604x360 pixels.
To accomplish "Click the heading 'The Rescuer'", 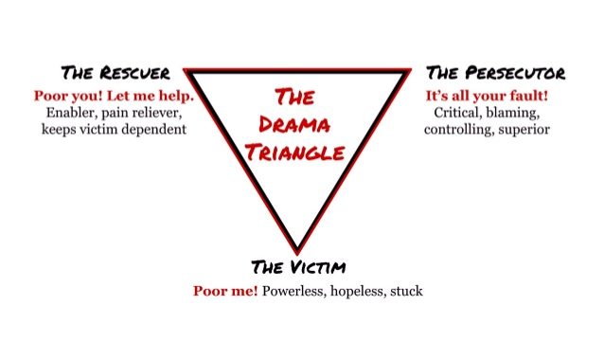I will point(115,74).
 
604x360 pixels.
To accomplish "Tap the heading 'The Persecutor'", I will point(495,74).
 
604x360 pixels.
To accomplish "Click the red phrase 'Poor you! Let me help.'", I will point(114,96).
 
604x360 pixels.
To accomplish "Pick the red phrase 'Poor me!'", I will point(225,291).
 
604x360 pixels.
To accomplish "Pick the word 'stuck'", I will point(408,291).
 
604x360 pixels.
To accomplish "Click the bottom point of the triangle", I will point(298,250).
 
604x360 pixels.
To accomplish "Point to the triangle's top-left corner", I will point(187,70).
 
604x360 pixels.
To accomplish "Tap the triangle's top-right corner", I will point(411,70).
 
